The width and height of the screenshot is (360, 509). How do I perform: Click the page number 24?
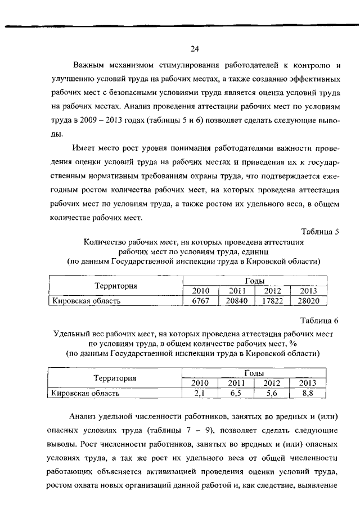click(x=194, y=48)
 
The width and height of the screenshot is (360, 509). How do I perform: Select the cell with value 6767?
click(x=201, y=301)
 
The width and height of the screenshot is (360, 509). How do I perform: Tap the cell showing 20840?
click(x=237, y=301)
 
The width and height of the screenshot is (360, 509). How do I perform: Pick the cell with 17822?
click(x=272, y=301)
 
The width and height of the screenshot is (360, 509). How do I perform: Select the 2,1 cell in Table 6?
click(x=201, y=393)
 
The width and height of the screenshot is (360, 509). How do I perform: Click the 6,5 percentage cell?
click(x=237, y=393)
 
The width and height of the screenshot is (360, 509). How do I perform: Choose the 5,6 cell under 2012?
click(x=272, y=393)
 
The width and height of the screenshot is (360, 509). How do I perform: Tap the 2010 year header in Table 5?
click(x=201, y=291)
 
